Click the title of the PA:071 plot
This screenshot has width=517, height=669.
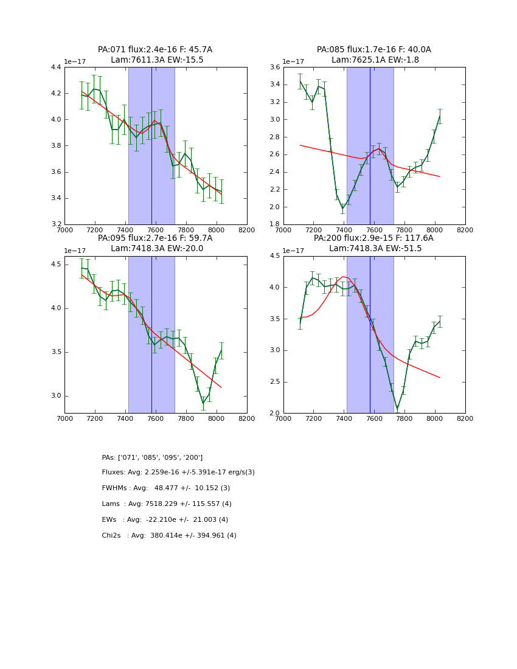coord(155,55)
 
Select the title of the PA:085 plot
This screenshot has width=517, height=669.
coord(373,55)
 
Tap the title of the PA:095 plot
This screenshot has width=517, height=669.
coord(155,243)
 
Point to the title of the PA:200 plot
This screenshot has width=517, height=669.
coord(373,243)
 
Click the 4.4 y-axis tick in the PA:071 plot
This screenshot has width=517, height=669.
coord(55,68)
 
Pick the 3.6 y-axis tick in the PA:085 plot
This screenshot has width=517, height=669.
coord(273,68)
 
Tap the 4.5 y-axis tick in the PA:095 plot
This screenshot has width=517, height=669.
coord(55,265)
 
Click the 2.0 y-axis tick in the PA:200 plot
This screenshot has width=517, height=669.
coord(273,414)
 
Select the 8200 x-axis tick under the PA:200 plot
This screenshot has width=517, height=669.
coord(465,418)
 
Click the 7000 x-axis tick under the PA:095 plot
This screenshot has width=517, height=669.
coord(64,418)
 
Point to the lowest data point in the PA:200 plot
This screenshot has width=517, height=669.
coord(397,408)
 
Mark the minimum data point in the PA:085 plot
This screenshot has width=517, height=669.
coord(342,209)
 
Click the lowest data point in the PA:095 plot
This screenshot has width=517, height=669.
coord(203,403)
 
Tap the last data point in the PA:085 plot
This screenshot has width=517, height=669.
coord(440,116)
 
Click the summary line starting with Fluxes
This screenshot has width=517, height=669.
coord(178,473)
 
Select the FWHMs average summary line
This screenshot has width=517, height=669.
coord(166,488)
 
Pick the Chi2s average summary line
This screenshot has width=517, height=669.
coord(169,536)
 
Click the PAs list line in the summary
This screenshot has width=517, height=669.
coord(152,457)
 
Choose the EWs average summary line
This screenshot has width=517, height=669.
coord(165,520)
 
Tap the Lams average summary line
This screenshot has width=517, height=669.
coord(167,504)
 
